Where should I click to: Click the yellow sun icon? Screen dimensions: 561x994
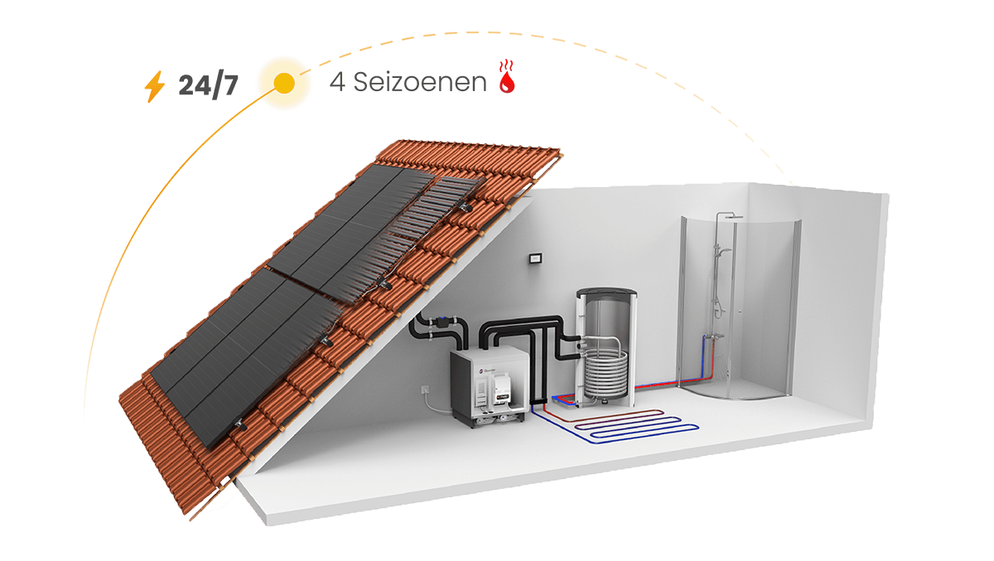pos(283,83)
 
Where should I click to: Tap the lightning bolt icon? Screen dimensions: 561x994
pos(155,86)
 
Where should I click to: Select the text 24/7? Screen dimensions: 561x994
pos(208,85)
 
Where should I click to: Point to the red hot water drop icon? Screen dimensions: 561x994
pos(505,81)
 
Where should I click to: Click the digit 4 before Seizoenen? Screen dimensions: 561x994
pos(337,83)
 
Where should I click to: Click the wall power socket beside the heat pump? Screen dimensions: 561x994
pos(427,388)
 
